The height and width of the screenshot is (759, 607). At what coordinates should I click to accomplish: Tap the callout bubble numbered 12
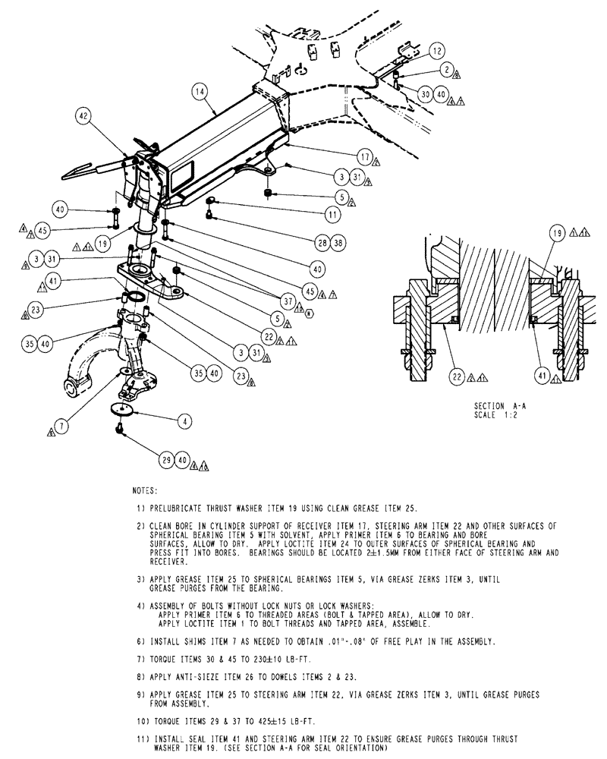(435, 51)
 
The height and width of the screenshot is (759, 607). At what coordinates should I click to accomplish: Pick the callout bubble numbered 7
(63, 427)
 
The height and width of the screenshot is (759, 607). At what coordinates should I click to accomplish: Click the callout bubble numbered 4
(184, 419)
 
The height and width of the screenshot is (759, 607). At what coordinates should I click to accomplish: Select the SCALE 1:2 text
(494, 415)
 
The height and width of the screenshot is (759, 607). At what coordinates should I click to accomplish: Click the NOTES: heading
(145, 492)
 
